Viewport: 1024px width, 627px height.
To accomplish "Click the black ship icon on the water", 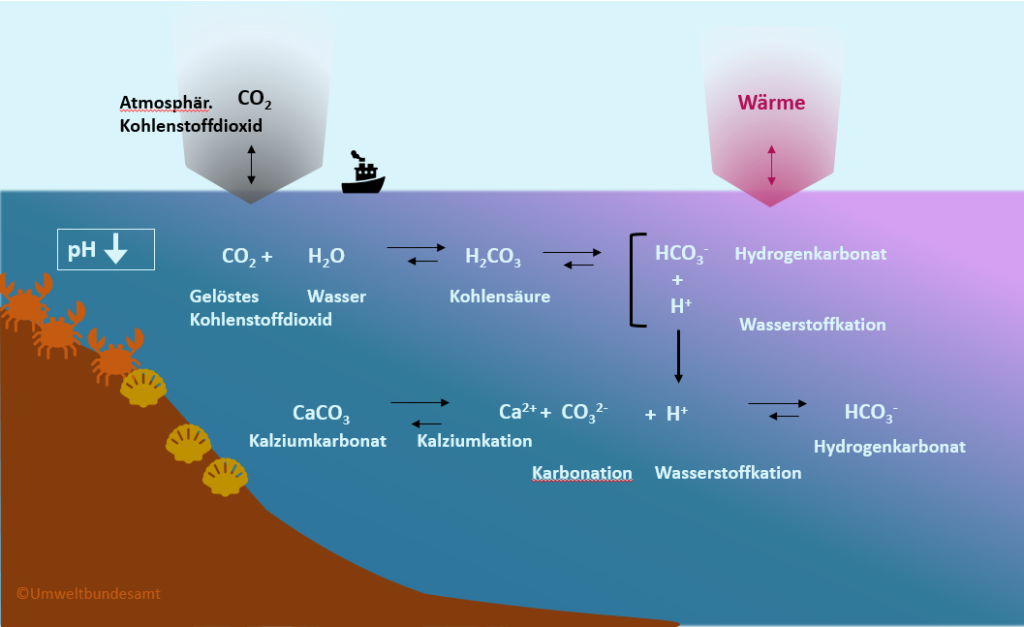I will click(x=363, y=175).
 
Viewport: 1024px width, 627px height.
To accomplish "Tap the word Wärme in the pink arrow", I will click(x=771, y=102).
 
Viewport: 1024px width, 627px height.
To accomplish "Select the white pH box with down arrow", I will click(x=106, y=249).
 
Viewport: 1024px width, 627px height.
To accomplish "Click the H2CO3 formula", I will click(x=493, y=258).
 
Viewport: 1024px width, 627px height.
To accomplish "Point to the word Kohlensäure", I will click(x=499, y=297).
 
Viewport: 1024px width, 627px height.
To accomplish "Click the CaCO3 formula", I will click(x=321, y=415).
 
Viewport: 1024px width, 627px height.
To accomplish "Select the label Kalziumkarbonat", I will click(x=318, y=441).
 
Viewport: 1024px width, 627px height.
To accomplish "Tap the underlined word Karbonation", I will click(x=582, y=473).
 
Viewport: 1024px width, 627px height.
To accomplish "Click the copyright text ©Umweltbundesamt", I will click(x=88, y=593).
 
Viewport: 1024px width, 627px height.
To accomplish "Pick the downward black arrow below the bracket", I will click(x=678, y=356).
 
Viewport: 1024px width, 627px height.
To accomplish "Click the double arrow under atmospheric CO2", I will click(x=252, y=164).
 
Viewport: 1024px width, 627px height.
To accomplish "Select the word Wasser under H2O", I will click(x=336, y=297).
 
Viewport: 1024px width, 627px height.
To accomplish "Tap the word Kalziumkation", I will click(x=475, y=441).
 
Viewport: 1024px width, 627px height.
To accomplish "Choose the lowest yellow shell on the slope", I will click(x=225, y=476).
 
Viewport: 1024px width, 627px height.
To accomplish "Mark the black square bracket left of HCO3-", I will click(x=636, y=279).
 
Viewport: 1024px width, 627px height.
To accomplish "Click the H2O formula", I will click(x=326, y=257).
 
